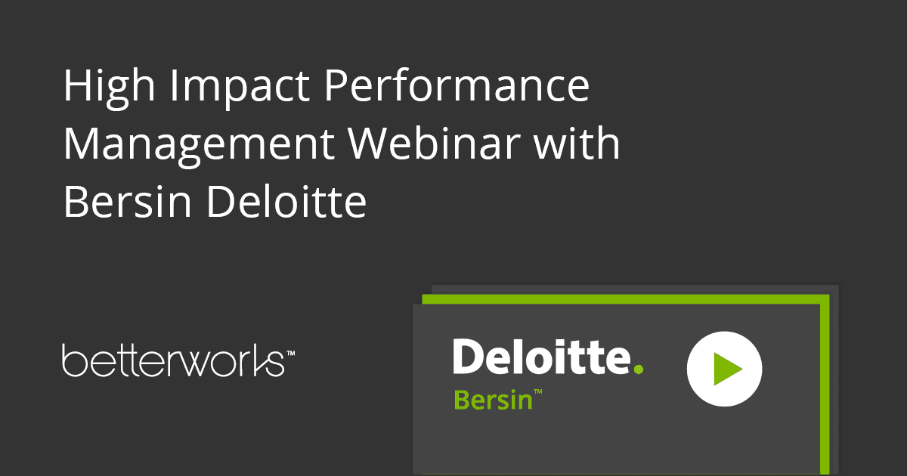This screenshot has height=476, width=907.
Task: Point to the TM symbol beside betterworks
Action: (x=290, y=353)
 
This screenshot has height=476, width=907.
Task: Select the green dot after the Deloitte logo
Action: (x=639, y=369)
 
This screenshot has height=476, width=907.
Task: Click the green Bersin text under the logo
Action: (x=494, y=399)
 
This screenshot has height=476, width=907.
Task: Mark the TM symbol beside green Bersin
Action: (x=539, y=392)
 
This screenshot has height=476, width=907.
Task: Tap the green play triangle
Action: (x=727, y=369)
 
